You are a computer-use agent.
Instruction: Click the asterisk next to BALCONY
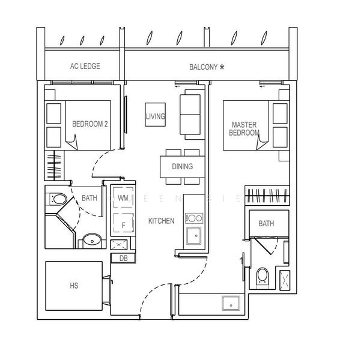tap(222, 67)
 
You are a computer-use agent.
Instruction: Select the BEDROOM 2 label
tap(89, 125)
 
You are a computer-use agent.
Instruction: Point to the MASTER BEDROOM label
tap(245, 128)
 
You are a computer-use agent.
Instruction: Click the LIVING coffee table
tap(155, 116)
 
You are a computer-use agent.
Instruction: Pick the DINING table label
tap(182, 166)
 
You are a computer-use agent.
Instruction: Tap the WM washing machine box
tap(123, 197)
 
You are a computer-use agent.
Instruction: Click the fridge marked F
tap(123, 226)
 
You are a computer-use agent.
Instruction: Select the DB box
tap(123, 258)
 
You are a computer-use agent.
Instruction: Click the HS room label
tap(74, 286)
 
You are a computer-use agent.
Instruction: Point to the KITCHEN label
tap(161, 221)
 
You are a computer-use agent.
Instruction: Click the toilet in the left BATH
tap(58, 198)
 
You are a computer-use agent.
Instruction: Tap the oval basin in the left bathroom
tap(92, 241)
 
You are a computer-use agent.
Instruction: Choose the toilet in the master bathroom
tap(262, 275)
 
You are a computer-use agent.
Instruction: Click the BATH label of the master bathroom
tap(266, 224)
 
